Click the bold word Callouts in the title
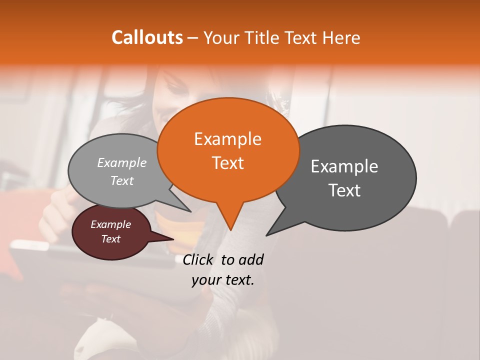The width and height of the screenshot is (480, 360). pyautogui.click(x=147, y=37)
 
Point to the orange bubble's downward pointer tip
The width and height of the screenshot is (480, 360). pyautogui.click(x=230, y=229)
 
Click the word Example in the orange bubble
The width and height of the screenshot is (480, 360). pyautogui.click(x=227, y=139)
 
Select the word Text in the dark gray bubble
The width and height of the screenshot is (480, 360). pyautogui.click(x=344, y=190)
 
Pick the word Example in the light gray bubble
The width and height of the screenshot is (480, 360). pyautogui.click(x=122, y=162)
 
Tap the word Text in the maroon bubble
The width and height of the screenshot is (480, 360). pyautogui.click(x=111, y=239)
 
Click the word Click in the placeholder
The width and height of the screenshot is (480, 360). pyautogui.click(x=199, y=259)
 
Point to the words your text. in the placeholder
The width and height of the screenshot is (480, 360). pyautogui.click(x=223, y=280)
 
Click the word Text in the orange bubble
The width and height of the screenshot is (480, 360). pyautogui.click(x=227, y=163)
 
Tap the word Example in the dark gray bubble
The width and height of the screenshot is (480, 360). pyautogui.click(x=344, y=166)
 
